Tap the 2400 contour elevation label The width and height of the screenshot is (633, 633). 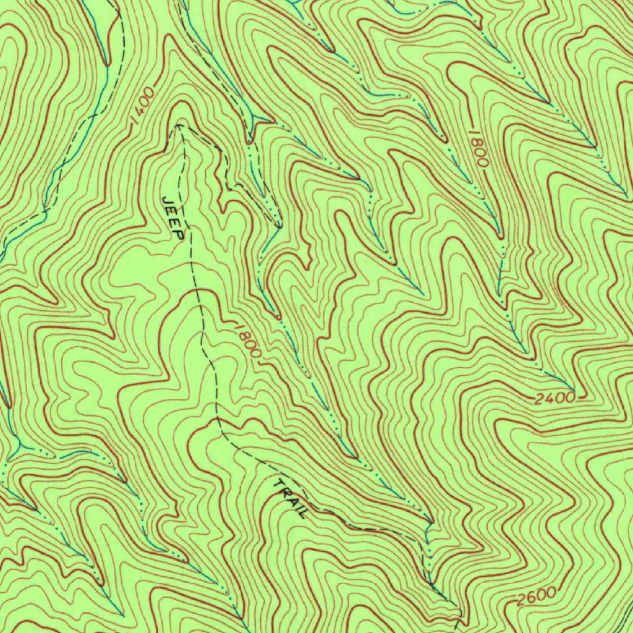click(x=554, y=399)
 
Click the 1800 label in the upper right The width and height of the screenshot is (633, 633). click(x=478, y=148)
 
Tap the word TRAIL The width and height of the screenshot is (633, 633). click(x=290, y=498)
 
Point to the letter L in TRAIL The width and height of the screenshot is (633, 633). click(x=302, y=512)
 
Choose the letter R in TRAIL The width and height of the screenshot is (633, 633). click(x=284, y=491)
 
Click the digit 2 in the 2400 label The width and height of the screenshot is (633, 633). click(x=539, y=399)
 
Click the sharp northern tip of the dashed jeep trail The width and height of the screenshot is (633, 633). click(x=177, y=125)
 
